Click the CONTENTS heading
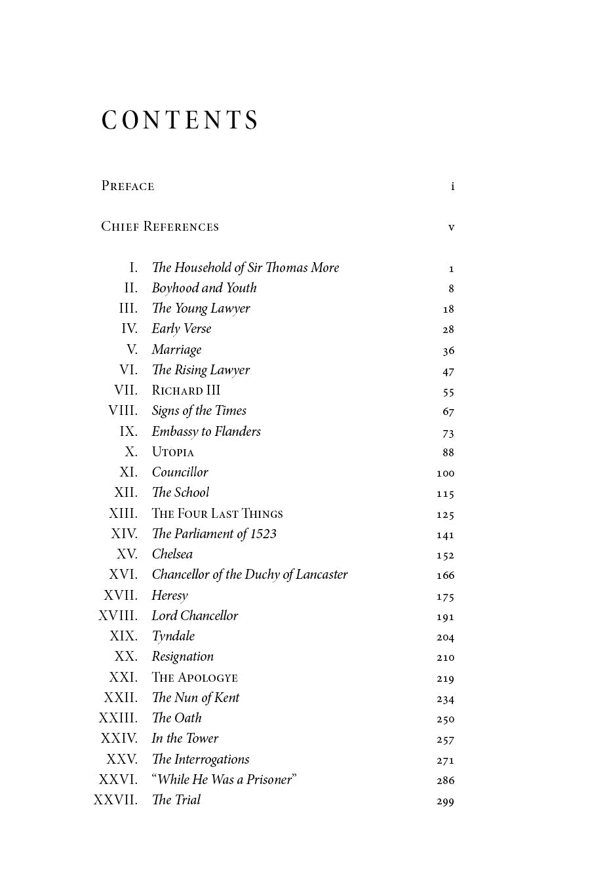point(180,121)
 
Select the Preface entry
point(128,186)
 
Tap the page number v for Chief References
point(451,227)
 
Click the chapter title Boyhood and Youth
point(204,288)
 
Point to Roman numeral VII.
point(126,391)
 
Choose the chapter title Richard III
point(186,391)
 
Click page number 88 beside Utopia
point(448,452)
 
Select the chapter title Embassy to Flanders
point(206,431)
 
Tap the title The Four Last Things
point(217,514)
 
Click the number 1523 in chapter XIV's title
point(263,534)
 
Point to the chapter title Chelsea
point(172,555)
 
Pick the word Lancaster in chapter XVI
point(321,575)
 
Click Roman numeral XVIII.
point(118,616)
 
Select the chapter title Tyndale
point(173,637)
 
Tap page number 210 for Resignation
point(445,658)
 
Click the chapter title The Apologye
point(195,678)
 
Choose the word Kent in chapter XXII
point(227,698)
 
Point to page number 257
point(445,739)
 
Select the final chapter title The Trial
point(176,800)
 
